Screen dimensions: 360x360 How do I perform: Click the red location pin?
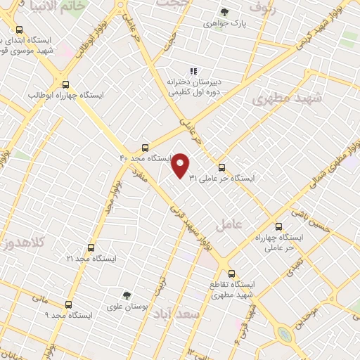[181, 165]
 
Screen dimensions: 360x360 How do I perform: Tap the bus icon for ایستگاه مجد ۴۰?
[144, 148]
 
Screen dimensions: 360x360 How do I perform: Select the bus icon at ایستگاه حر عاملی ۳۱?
[222, 167]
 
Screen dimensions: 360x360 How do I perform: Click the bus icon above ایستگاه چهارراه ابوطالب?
[65, 83]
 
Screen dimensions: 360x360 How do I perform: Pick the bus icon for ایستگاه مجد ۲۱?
[91, 247]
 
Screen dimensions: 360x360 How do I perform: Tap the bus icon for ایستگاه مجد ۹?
[68, 304]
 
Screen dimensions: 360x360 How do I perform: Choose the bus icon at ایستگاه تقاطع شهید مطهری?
[231, 274]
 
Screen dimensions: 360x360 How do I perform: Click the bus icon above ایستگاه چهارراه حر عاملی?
[279, 226]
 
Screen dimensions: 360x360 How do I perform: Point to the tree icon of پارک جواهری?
[224, 13]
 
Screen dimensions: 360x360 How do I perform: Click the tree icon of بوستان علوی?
[127, 295]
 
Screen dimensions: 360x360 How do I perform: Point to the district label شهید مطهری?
[286, 98]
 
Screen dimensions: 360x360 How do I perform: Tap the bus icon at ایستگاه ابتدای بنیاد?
[19, 30]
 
